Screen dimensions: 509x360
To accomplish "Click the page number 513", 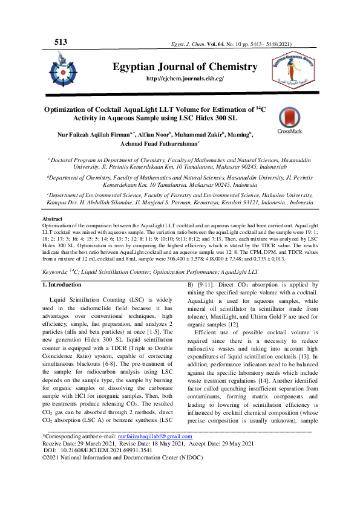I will click(x=61, y=42).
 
